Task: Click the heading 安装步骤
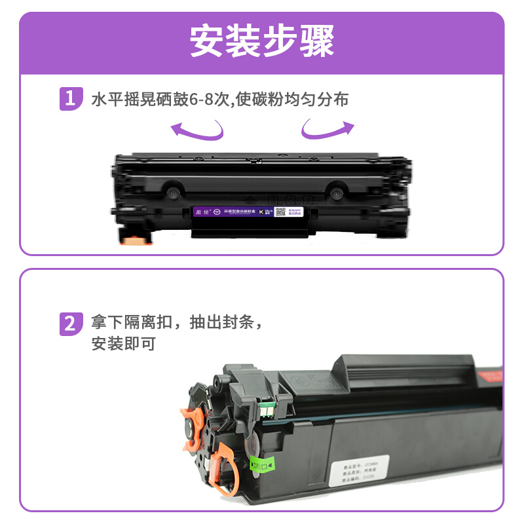tap(262, 41)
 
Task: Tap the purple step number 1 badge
tap(70, 99)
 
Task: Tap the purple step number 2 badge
tap(70, 323)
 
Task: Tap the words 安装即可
tap(123, 343)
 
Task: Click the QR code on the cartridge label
tap(280, 212)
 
